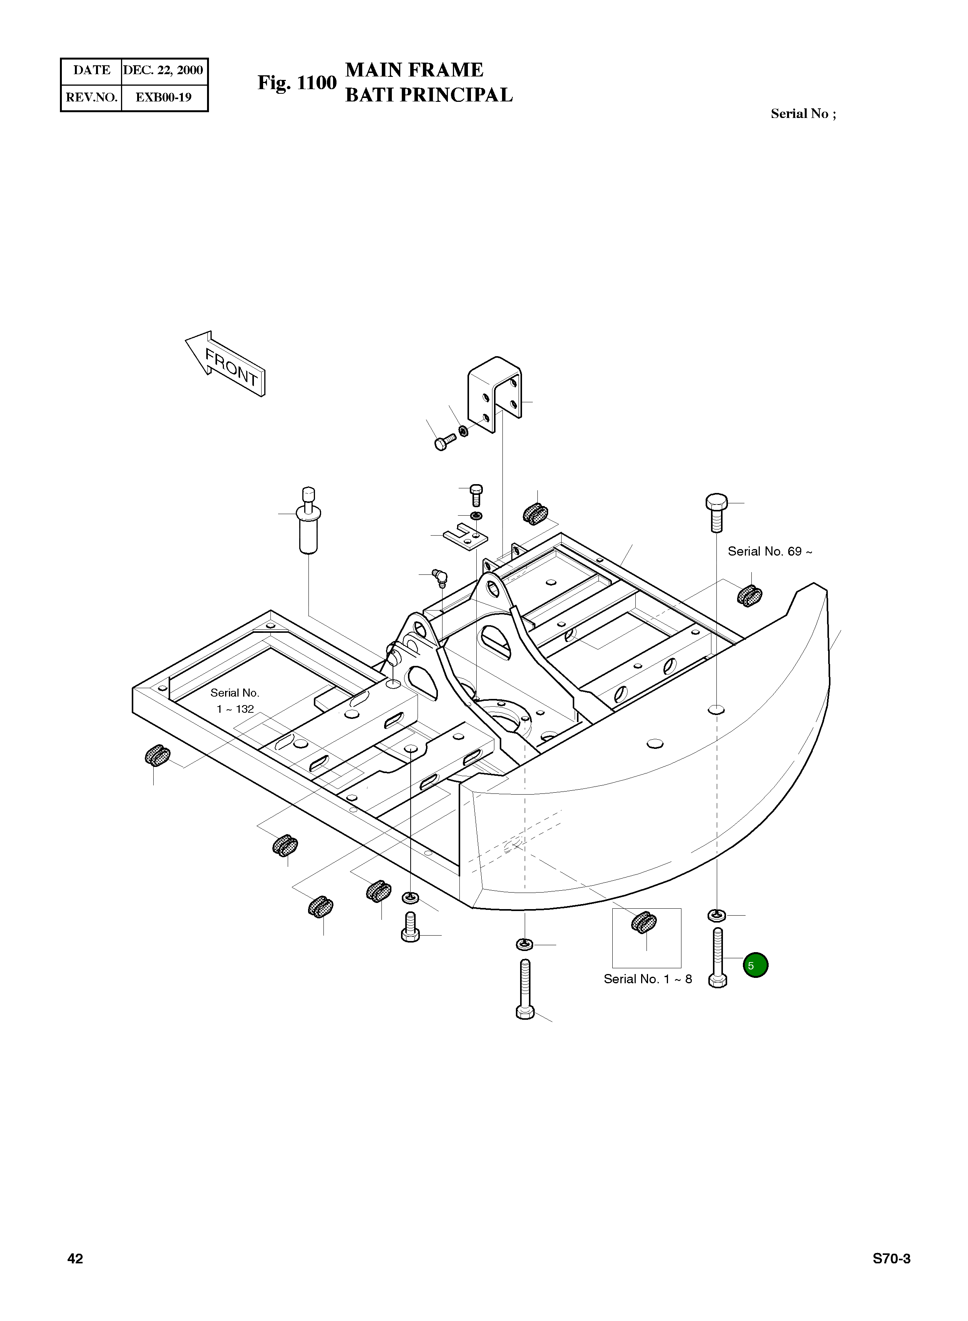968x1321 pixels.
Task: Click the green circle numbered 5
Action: [755, 965]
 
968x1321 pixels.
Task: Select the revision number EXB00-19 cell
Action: [164, 97]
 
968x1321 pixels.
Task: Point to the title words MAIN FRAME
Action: [414, 70]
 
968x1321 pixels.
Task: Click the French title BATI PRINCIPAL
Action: [429, 95]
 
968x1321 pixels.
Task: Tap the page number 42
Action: [76, 1259]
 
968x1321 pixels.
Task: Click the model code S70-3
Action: [891, 1259]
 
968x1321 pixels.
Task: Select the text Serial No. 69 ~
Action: [769, 551]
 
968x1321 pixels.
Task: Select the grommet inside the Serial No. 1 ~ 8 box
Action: [644, 923]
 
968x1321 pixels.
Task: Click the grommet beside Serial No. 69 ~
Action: [749, 596]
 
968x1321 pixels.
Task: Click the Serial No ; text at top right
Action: [803, 114]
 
